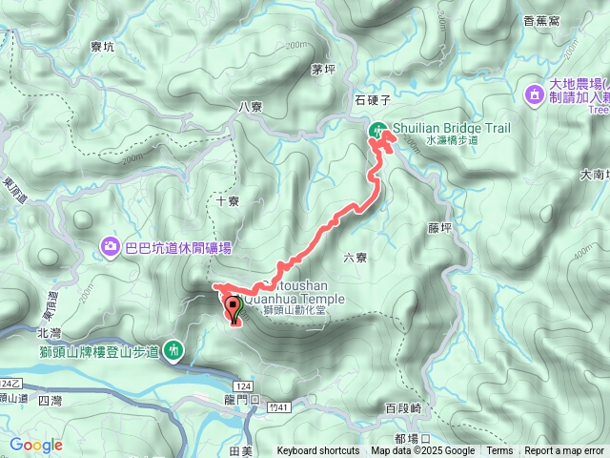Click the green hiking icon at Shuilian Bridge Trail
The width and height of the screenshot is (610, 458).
[378, 131]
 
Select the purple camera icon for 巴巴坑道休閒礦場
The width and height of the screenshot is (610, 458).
[111, 247]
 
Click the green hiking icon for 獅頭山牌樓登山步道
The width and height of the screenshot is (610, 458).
[173, 350]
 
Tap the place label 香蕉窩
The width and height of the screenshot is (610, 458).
[541, 19]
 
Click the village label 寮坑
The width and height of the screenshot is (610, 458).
[102, 44]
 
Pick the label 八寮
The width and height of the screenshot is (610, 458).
[251, 107]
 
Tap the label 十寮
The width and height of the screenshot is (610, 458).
[228, 201]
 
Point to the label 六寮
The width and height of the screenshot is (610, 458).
[355, 257]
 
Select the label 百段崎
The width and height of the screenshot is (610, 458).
[402, 407]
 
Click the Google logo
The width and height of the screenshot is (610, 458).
[36, 445]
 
